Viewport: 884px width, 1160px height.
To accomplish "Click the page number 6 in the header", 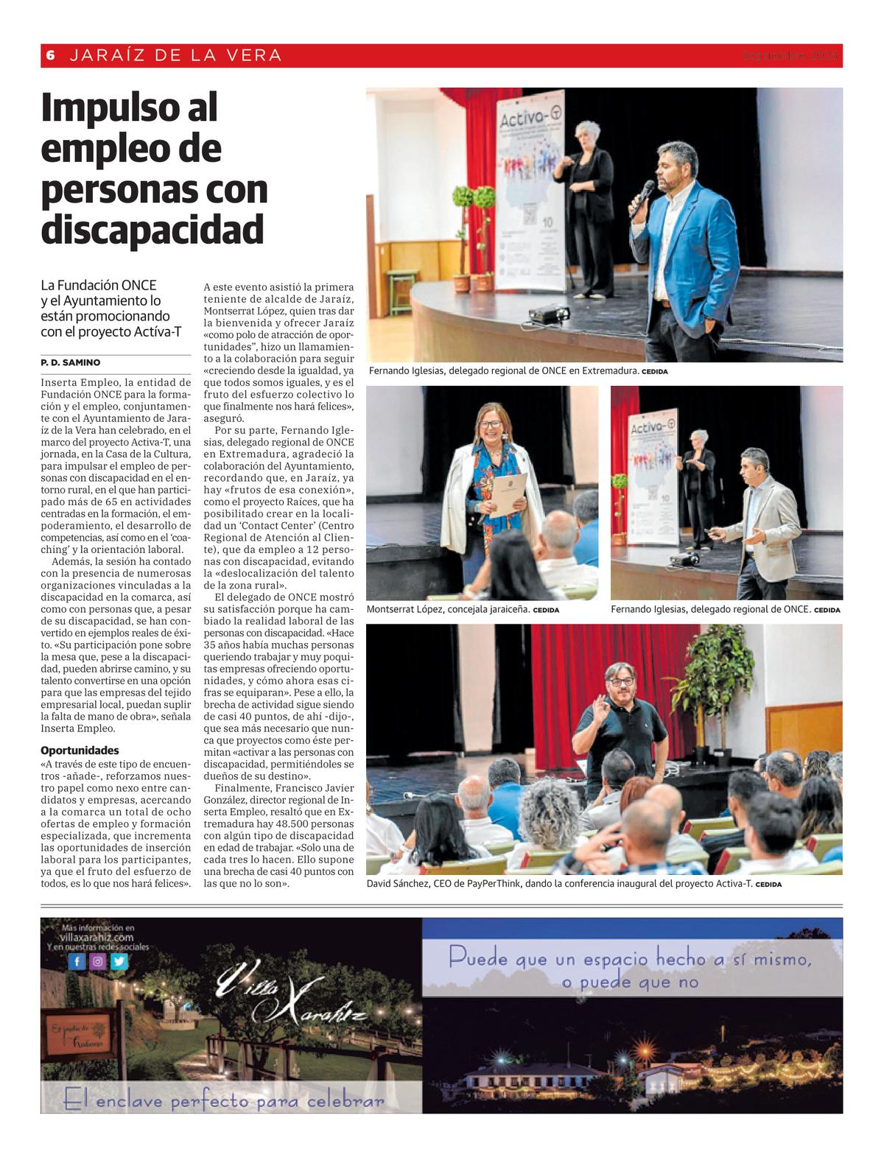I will pos(51,55).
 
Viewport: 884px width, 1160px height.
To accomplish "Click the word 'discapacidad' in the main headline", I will pos(152,230).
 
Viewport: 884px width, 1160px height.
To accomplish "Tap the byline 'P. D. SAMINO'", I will pos(71,362).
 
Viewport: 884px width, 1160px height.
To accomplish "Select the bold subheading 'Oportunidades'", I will pos(80,751).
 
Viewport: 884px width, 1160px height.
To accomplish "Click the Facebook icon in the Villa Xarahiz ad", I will pos(77,961).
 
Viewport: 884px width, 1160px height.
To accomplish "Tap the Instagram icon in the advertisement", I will pos(98,961).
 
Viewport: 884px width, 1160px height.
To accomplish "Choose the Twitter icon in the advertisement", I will pos(119,961).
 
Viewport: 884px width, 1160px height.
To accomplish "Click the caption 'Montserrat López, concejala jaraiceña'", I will pos(447,610).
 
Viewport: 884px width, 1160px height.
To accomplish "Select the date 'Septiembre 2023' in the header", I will pos(790,55).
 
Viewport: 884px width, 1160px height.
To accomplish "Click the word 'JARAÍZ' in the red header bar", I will pos(100,55).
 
